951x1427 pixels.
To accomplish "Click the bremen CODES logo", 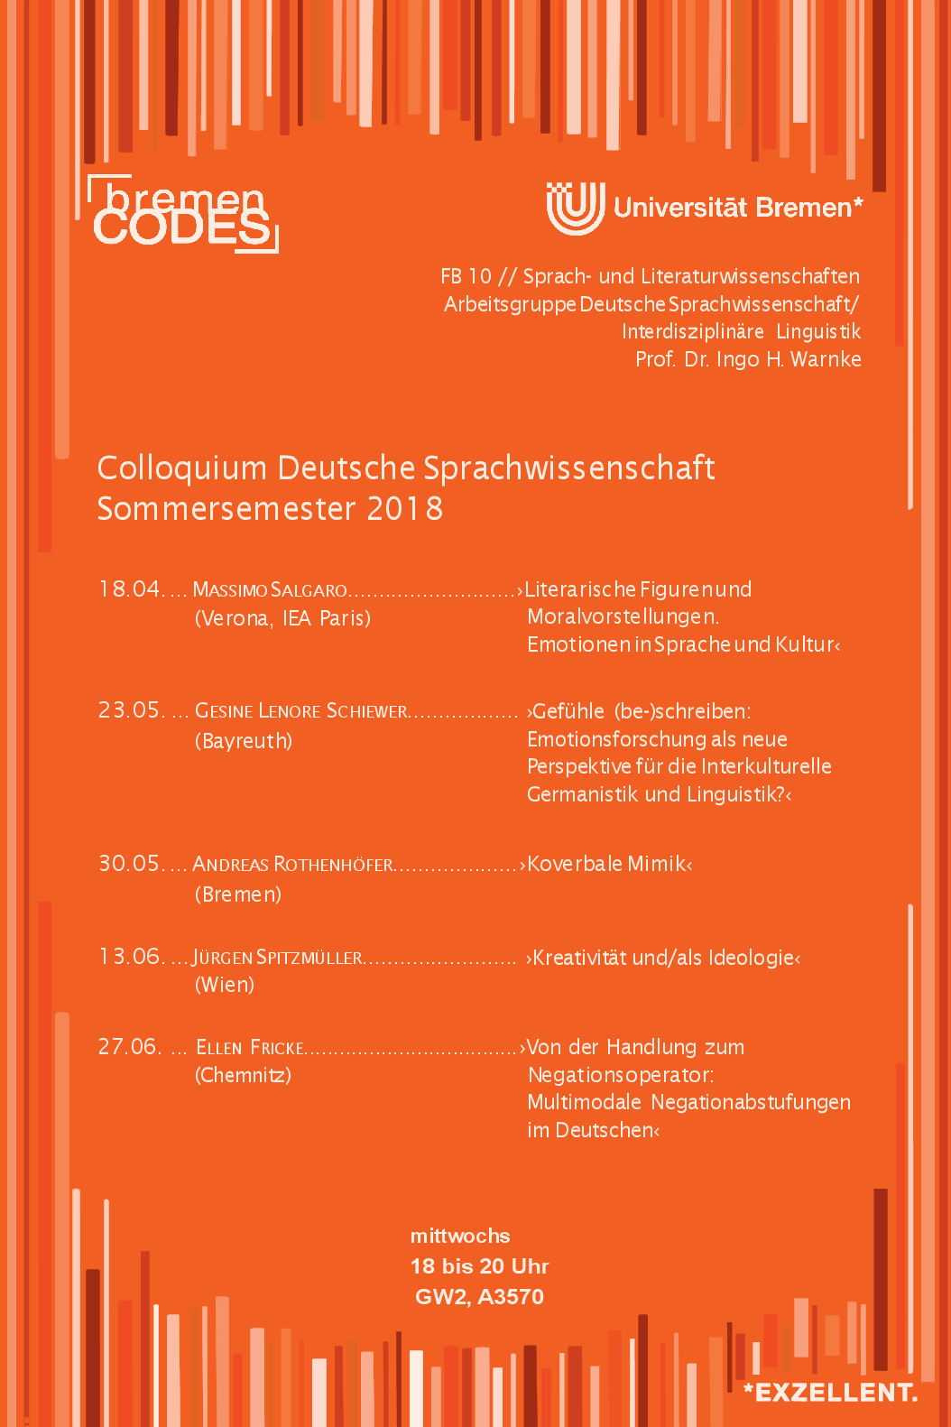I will (184, 215).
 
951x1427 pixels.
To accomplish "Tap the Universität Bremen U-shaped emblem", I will (575, 208).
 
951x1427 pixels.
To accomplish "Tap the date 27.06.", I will (130, 1047).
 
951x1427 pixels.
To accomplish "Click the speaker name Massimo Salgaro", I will (270, 590).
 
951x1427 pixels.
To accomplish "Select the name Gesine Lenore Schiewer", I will (301, 711).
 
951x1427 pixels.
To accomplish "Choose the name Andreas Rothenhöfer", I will (293, 865).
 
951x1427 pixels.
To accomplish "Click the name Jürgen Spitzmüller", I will (278, 958).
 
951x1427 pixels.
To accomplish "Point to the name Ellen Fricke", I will (250, 1048).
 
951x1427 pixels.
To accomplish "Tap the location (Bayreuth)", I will (244, 741).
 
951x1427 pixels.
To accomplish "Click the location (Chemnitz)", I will (243, 1075).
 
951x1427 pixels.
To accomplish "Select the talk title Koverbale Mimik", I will (609, 864).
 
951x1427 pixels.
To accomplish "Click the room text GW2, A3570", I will (479, 1297).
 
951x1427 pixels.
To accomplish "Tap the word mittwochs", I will (460, 1236).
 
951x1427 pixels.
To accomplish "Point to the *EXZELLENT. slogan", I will (830, 1393).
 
